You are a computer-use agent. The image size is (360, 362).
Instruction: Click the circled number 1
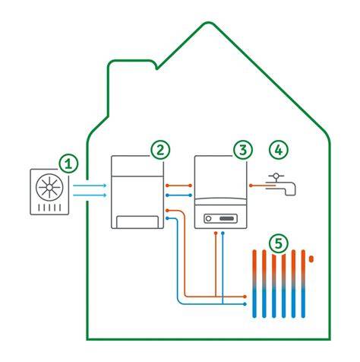tap(68, 164)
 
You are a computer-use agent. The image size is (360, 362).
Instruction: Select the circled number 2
tap(160, 150)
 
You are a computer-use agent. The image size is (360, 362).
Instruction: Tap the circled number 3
tap(243, 150)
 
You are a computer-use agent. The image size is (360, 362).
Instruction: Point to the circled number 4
tap(279, 150)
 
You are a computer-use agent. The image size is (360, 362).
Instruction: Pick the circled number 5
tap(278, 243)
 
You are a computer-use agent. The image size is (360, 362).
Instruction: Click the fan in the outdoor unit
tap(49, 187)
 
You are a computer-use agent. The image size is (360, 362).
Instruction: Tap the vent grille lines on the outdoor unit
tap(49, 208)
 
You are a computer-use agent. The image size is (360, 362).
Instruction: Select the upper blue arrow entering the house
tap(90, 186)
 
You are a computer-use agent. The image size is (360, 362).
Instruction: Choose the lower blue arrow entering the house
tap(90, 195)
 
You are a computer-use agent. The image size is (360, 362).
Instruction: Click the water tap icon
tap(281, 184)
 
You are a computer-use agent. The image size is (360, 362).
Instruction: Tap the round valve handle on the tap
tap(276, 176)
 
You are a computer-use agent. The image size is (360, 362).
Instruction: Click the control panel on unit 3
tap(221, 218)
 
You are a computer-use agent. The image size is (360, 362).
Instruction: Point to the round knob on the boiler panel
tap(208, 218)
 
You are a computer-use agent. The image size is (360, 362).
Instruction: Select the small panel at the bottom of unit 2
tap(137, 222)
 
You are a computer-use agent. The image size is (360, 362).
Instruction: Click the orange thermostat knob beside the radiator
tap(311, 259)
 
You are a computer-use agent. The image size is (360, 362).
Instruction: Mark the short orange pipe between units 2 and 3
tap(178, 186)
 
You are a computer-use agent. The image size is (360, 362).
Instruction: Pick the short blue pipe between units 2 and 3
tap(178, 195)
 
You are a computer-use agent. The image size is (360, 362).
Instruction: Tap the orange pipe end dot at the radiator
tap(245, 297)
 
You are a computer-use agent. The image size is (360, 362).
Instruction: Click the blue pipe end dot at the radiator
tap(245, 303)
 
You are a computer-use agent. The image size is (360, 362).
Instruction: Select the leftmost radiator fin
tap(254, 284)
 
